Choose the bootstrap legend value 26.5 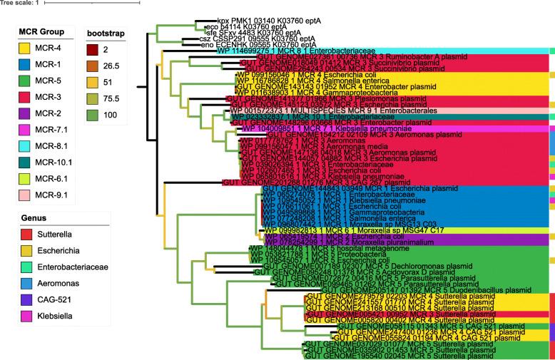tap(118, 71)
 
